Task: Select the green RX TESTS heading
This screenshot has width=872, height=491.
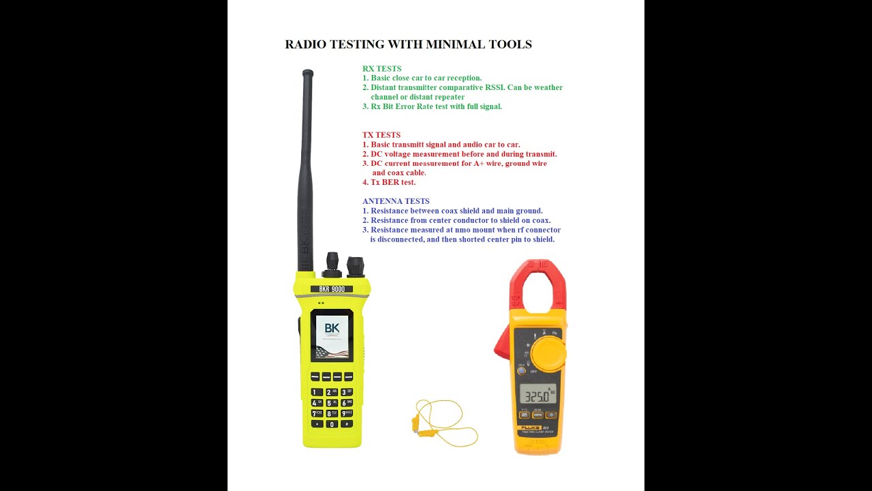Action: tap(381, 68)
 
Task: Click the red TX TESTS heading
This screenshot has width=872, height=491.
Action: tap(381, 135)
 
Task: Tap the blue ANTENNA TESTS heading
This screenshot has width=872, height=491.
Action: tap(396, 201)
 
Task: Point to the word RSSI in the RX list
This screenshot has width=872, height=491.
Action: tap(495, 87)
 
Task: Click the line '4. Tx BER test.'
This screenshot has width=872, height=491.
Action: tap(389, 182)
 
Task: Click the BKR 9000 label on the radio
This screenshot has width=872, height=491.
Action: tap(332, 289)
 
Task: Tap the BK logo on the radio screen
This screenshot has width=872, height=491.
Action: tap(332, 329)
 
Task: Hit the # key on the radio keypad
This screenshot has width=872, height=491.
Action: tap(347, 423)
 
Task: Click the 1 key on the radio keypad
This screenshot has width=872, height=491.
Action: tap(317, 392)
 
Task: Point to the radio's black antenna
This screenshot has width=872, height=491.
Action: tap(307, 170)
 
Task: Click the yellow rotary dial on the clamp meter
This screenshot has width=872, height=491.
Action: tap(548, 353)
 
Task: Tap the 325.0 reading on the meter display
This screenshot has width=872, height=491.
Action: tap(536, 396)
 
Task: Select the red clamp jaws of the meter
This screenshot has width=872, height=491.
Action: tap(538, 286)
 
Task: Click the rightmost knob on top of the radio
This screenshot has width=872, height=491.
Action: tap(356, 266)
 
